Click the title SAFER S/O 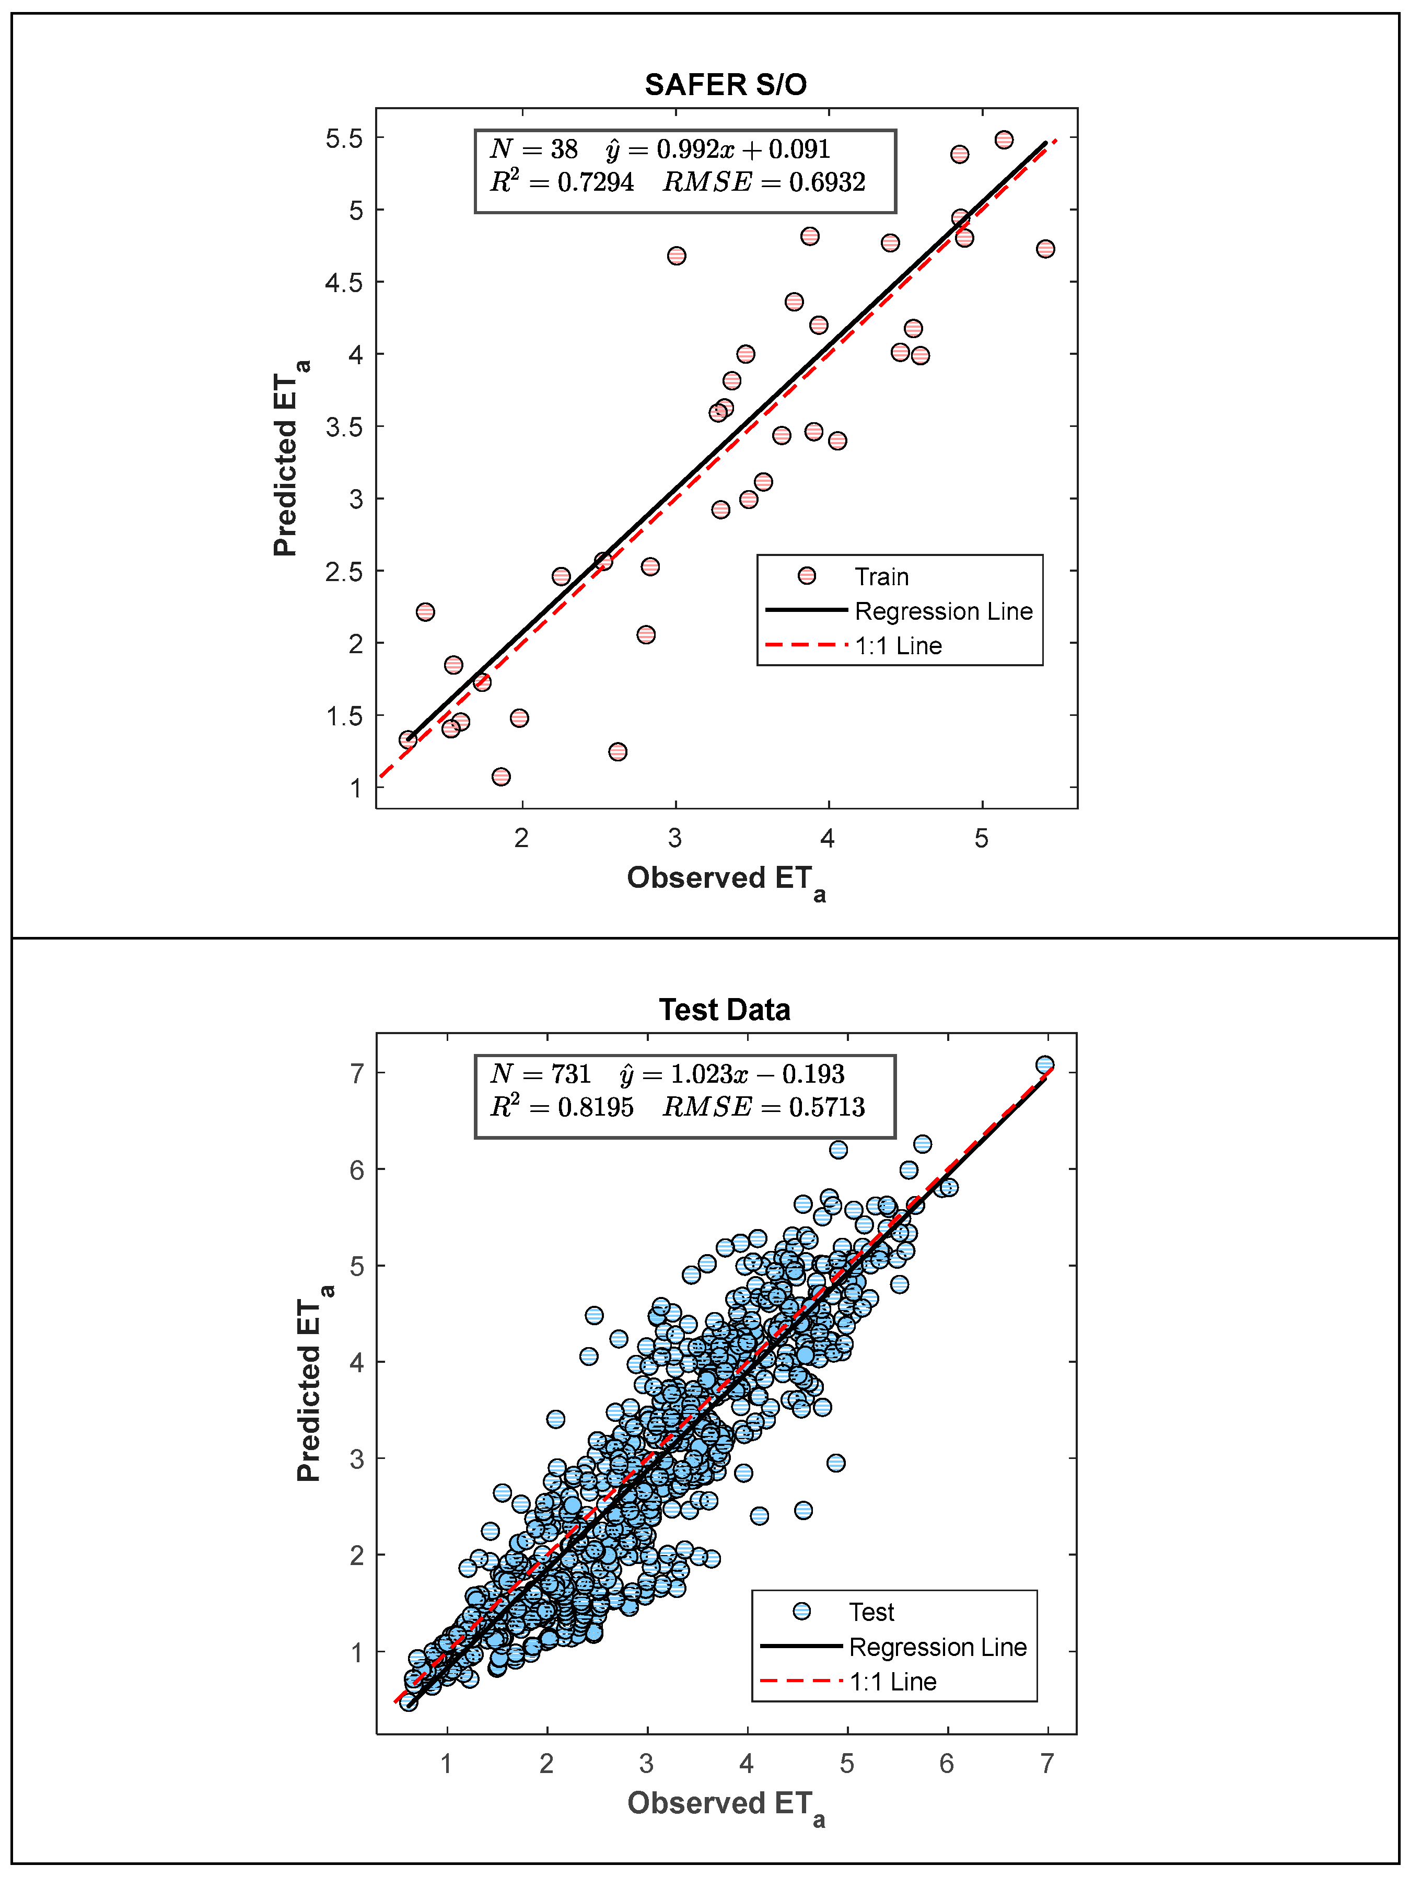coord(725,85)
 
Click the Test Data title coord(725,1010)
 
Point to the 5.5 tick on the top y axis coord(344,138)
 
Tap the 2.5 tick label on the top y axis coord(344,572)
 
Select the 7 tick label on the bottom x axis coord(1047,1765)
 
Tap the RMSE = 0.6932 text coord(763,182)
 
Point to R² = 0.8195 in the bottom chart coord(562,1107)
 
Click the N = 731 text coord(540,1074)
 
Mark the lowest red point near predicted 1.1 coord(502,777)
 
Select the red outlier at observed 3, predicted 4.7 coord(676,256)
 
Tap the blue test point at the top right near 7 coord(1045,1065)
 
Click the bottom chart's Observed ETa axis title coord(725,1804)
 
